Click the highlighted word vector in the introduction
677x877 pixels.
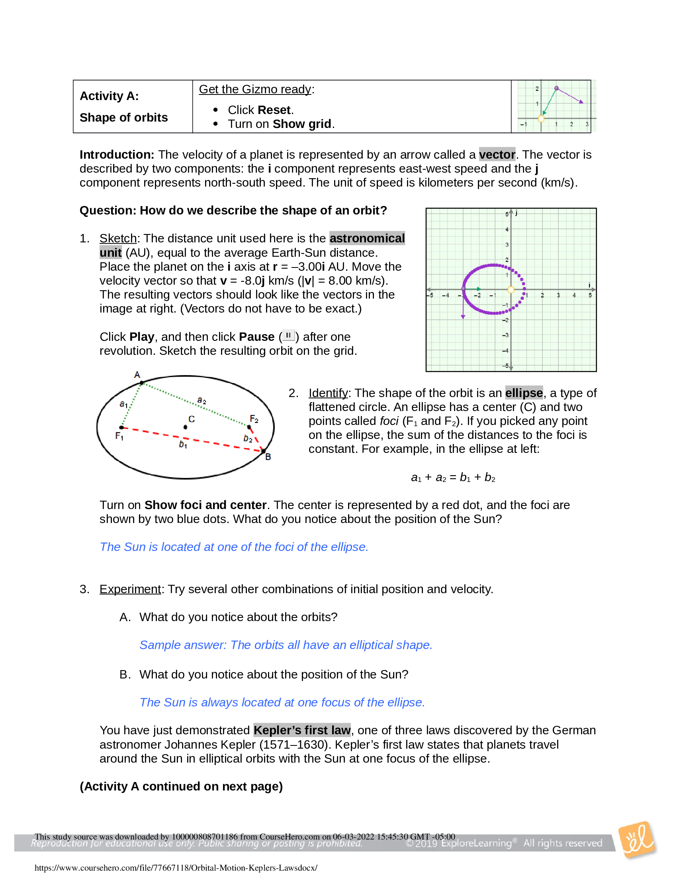coord(497,155)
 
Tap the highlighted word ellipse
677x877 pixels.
coord(523,393)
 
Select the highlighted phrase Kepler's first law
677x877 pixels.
coord(302,730)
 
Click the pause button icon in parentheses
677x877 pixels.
coord(288,335)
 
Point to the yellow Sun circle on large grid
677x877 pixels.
coord(511,289)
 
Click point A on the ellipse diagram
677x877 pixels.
coord(142,383)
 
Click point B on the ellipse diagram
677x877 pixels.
coord(263,451)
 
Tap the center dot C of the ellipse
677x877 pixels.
coord(185,427)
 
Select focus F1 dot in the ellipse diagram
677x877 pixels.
coord(121,428)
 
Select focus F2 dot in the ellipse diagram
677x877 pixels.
coord(249,427)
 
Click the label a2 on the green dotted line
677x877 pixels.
coord(202,400)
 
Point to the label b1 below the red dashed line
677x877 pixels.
coord(183,444)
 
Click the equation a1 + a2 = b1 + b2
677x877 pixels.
coord(453,478)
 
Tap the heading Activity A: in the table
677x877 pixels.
coord(109,96)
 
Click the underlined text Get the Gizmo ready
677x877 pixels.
coord(255,89)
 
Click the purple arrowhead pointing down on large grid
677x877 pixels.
coord(463,317)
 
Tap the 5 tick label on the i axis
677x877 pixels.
coord(589,295)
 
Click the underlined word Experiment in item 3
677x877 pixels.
coord(130,589)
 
